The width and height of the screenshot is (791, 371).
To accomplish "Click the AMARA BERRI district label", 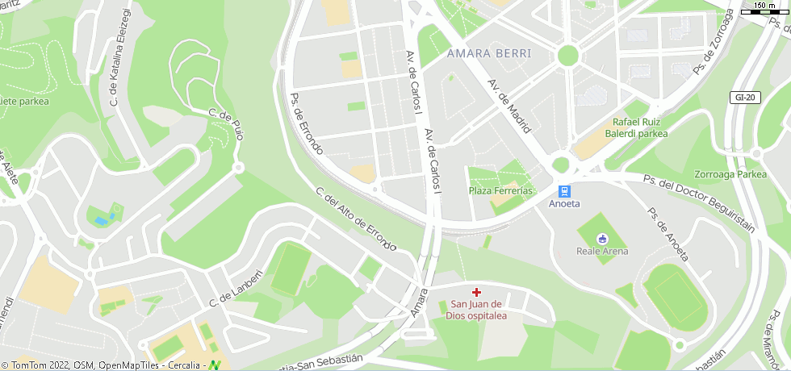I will tap(489, 53).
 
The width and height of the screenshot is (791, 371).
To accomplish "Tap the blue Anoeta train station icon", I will tap(564, 191).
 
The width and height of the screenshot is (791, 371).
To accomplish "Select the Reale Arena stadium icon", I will tap(602, 238).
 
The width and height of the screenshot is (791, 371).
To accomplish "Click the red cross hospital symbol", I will tap(476, 291).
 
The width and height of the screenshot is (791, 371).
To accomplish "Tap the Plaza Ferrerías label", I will tap(501, 191).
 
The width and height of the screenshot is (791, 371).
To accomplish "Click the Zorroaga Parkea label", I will tap(730, 174).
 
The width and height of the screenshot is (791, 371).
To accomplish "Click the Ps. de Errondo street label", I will tap(307, 123).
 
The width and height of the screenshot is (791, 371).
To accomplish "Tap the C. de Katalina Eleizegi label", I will tap(119, 58).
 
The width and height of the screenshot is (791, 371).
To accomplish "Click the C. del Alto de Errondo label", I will tap(356, 219).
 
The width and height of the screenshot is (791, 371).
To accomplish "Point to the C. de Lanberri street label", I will tap(236, 287).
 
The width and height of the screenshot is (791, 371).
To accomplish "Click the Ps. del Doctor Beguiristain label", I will tap(699, 202).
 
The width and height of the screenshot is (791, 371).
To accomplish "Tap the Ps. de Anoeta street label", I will tap(669, 234).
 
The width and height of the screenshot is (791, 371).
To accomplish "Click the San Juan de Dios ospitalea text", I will tap(476, 310).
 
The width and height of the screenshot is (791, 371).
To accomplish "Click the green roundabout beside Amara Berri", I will tap(568, 55).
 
